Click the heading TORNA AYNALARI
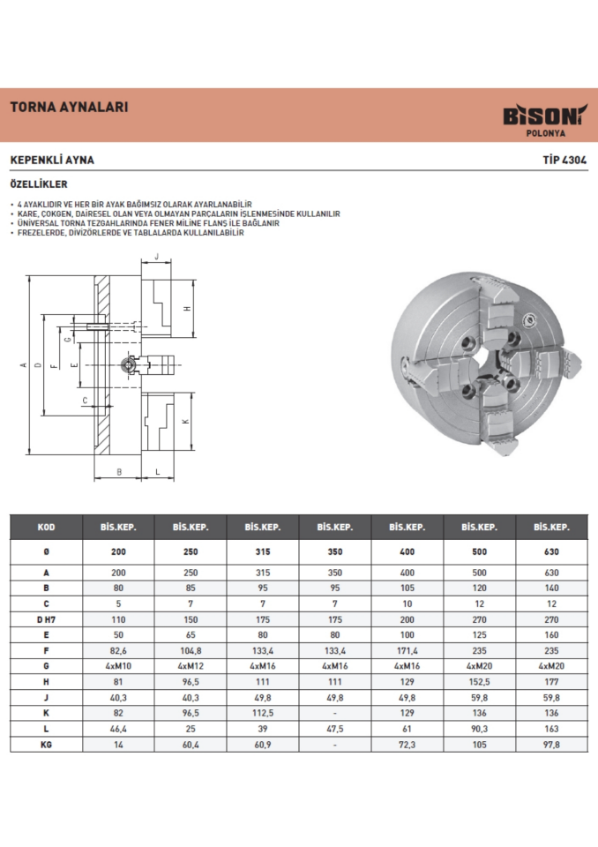(x=70, y=108)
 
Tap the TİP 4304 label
(x=564, y=161)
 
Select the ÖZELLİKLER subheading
(x=39, y=187)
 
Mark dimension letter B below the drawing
(x=119, y=471)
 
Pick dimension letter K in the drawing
(x=186, y=421)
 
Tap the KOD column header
(x=46, y=527)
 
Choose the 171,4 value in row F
(x=407, y=649)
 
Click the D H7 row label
(x=46, y=618)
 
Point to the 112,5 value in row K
(x=263, y=713)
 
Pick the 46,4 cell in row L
(x=118, y=729)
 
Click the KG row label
(x=46, y=744)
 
